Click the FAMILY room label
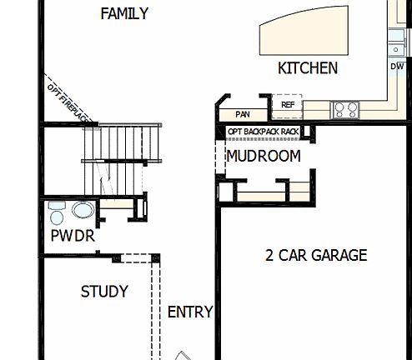pos(124,13)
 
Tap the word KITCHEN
pos(308,68)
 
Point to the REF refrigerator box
pos(288,105)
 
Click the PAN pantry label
pos(244,114)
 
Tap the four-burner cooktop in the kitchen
pos(345,109)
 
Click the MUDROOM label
pos(264,156)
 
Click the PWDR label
pos(73,237)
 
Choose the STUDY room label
pos(104,292)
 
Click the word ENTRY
pos(190,312)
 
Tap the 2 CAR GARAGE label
pos(316,255)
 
